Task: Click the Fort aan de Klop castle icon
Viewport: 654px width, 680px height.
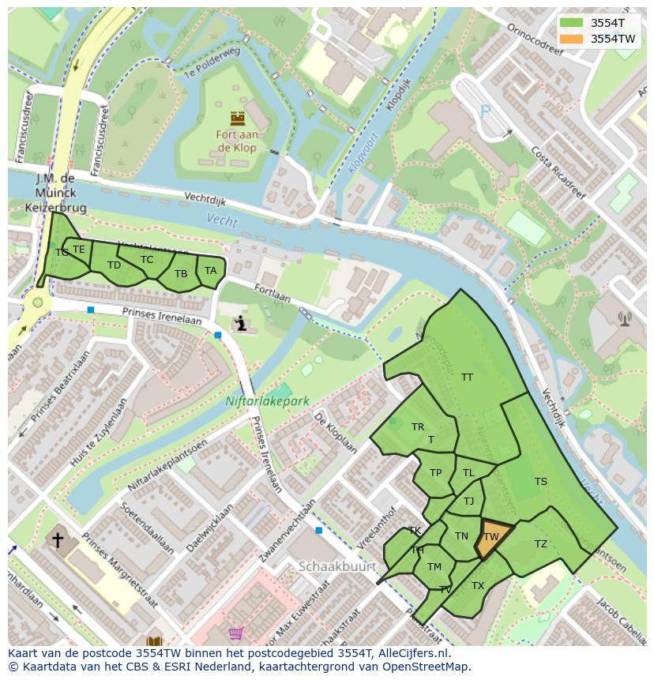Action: [x=237, y=118]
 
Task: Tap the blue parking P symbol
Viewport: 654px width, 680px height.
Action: [x=486, y=111]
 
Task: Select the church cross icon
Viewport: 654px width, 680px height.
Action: [x=58, y=540]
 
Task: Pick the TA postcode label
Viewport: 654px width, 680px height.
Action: [x=210, y=271]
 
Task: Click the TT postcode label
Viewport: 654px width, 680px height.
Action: [x=467, y=378]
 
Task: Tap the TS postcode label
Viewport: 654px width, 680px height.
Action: [x=540, y=482]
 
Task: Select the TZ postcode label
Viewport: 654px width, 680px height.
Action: [x=540, y=544]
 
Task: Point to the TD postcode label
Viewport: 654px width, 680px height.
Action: [x=114, y=265]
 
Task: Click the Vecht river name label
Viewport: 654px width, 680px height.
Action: [x=222, y=220]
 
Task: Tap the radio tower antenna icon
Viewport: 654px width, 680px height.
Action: [x=625, y=319]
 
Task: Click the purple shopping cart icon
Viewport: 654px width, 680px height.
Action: [x=235, y=633]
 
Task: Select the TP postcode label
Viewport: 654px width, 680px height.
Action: [x=435, y=473]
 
